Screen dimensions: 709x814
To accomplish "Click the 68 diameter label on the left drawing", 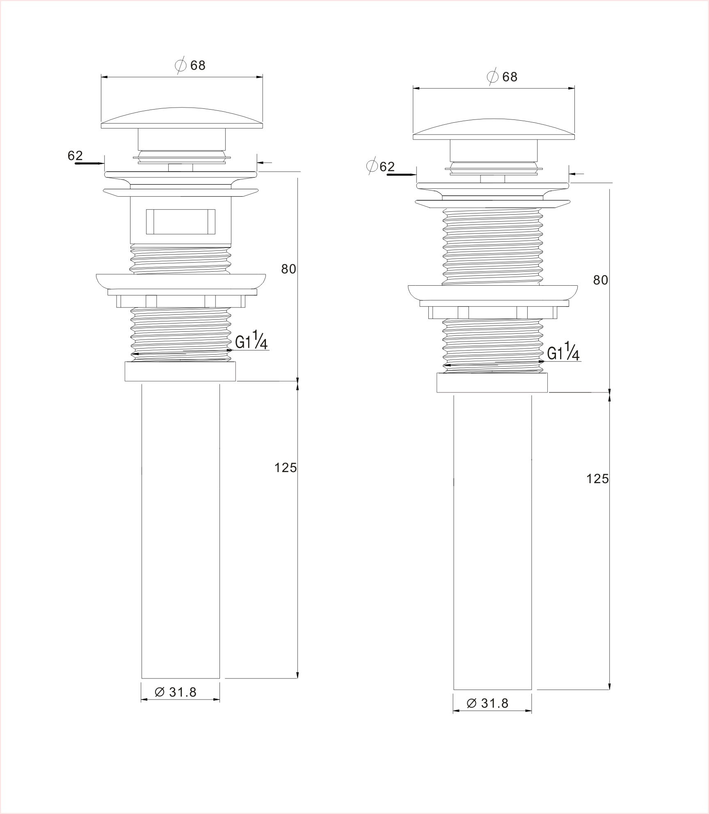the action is point(190,65).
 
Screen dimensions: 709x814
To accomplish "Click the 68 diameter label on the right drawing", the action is point(502,77).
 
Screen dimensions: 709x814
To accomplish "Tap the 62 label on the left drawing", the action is point(75,156).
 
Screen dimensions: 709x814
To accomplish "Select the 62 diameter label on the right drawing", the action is point(380,166).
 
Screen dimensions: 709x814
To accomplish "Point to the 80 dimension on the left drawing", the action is point(288,269).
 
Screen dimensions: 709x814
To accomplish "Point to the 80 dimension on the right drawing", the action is point(601,280).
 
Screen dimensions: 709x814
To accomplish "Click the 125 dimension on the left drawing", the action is point(286,468).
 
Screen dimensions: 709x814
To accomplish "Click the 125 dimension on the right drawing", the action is point(597,479).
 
